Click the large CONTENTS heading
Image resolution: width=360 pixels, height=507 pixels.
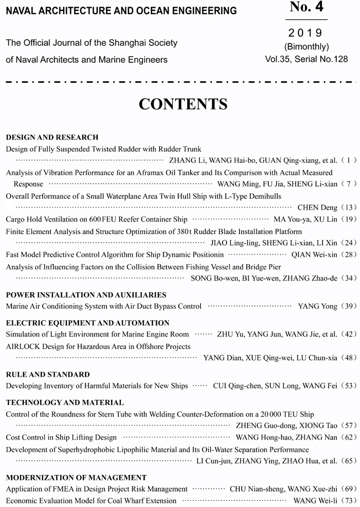click(x=183, y=104)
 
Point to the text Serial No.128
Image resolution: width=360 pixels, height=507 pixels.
click(x=321, y=59)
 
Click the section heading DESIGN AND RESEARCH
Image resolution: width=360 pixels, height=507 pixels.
click(x=52, y=137)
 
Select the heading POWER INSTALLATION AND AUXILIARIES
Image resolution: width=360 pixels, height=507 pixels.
click(x=86, y=295)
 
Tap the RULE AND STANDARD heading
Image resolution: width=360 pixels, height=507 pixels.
click(x=47, y=374)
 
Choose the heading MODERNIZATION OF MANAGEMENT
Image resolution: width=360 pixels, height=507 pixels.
click(x=76, y=477)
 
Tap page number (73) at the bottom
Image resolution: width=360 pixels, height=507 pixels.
click(x=350, y=501)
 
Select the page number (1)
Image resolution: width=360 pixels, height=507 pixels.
click(x=350, y=161)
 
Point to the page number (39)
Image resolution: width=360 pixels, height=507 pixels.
click(x=350, y=306)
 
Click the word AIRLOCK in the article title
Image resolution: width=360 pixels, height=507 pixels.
click(x=23, y=346)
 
